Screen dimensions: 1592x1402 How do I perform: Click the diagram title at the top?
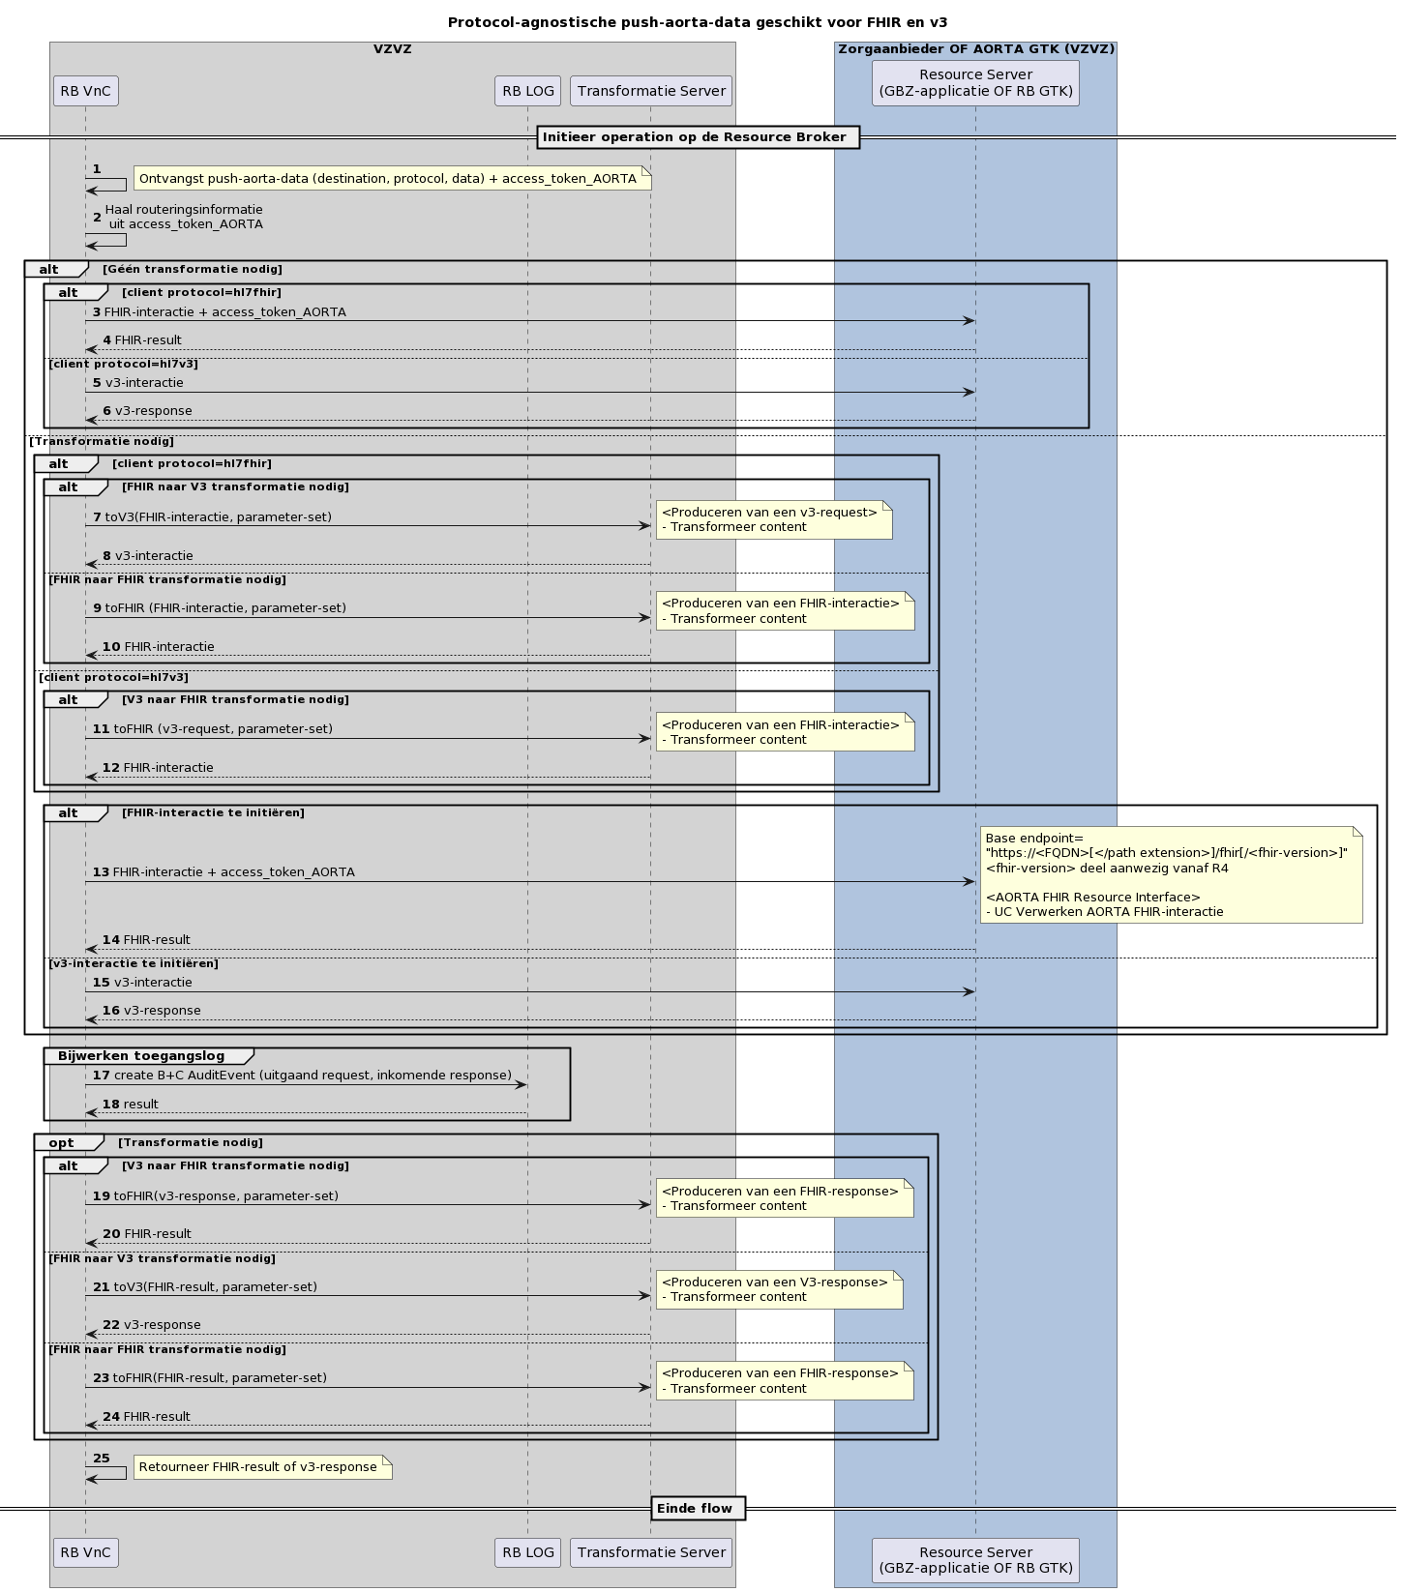697,22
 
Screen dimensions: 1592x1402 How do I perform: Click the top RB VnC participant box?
85,91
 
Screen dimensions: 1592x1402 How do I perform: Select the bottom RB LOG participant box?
527,1551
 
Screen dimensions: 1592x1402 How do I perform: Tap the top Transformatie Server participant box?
651,91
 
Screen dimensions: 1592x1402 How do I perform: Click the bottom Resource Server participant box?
975,1559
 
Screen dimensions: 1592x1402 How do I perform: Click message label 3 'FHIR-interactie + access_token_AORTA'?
224,312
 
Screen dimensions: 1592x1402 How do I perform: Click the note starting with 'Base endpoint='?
1170,874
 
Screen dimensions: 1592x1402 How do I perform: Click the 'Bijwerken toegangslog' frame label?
141,1056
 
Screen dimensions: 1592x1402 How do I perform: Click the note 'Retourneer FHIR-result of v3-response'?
261,1467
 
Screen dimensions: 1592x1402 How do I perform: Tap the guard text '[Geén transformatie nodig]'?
193,270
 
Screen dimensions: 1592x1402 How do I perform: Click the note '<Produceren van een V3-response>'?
778,1289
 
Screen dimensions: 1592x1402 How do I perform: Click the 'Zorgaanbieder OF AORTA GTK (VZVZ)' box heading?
975,49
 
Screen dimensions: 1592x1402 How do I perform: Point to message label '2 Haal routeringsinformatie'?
183,217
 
